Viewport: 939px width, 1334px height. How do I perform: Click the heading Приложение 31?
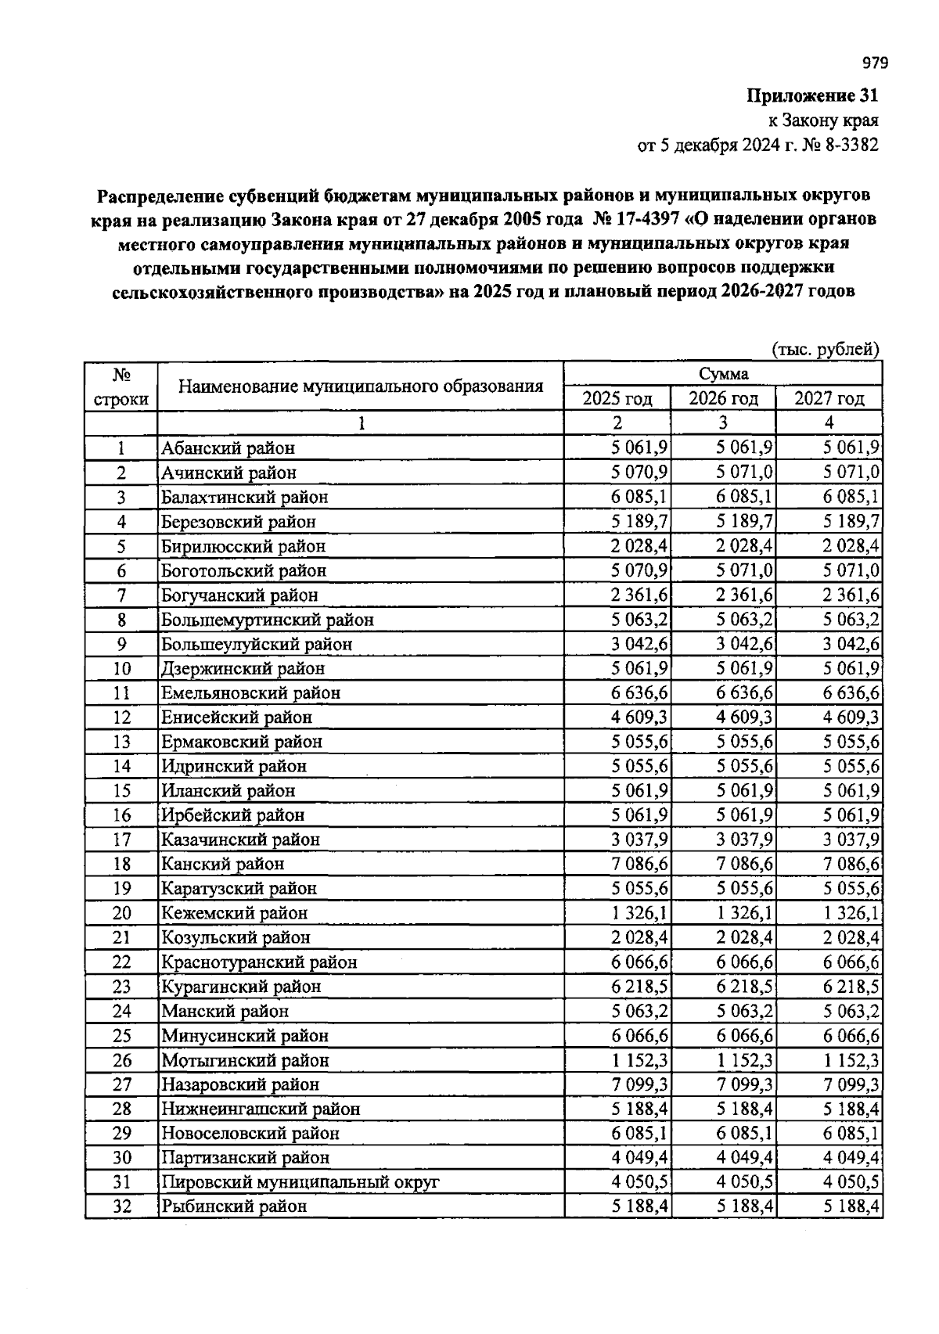[x=812, y=96]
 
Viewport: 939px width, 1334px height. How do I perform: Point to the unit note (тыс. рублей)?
[x=826, y=350]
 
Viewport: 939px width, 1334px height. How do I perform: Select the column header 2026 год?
[x=723, y=398]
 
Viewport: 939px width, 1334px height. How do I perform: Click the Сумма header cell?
[x=723, y=374]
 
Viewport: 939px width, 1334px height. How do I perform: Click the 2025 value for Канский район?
[x=639, y=864]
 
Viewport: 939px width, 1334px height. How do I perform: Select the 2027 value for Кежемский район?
[x=851, y=913]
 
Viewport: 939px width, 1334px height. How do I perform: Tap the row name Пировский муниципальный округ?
[x=300, y=1181]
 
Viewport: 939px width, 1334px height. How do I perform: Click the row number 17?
[x=121, y=840]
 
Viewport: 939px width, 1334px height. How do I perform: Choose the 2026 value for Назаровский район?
[x=745, y=1084]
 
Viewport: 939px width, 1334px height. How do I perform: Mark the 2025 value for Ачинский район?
[x=639, y=473]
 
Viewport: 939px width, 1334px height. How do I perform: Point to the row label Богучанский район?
[x=239, y=595]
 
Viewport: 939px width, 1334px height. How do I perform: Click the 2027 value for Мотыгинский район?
[x=851, y=1060]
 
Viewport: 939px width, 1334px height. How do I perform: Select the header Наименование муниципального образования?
[x=360, y=387]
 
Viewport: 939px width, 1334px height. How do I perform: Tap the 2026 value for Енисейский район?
[x=745, y=717]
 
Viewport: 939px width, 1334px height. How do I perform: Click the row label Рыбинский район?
[x=234, y=1206]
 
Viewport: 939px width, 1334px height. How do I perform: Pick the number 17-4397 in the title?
[x=642, y=218]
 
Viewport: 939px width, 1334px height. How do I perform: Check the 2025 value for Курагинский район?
[x=639, y=987]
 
